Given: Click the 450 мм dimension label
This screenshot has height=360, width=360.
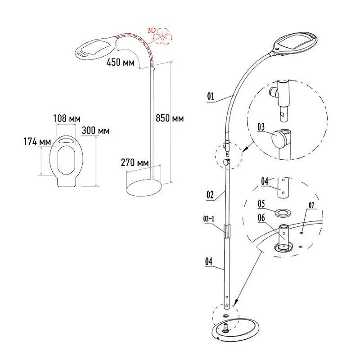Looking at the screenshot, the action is coord(121,62).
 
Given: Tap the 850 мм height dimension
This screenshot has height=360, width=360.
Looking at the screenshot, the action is coord(170,118).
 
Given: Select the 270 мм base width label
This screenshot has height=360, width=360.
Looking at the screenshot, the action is coord(135,162).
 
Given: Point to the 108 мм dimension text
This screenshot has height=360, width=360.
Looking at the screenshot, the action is coord(67,118).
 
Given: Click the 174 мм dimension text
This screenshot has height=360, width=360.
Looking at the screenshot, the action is coord(37,141).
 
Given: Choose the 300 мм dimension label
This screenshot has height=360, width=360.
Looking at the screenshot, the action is coord(95,130).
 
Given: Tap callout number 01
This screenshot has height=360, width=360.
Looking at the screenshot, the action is coord(211,96).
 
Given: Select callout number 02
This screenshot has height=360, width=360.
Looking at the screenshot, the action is coord(210,195).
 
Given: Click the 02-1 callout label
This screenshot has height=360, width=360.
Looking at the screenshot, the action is coord(209,219).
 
